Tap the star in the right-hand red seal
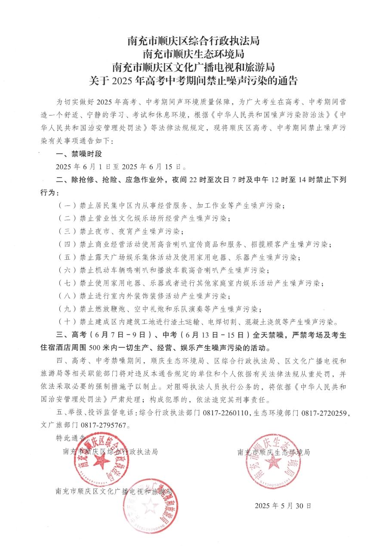coord(272,463)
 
